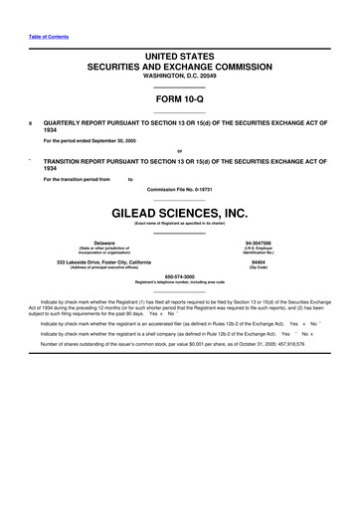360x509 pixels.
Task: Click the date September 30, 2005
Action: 130,139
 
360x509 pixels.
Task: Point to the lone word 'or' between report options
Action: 179,150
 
